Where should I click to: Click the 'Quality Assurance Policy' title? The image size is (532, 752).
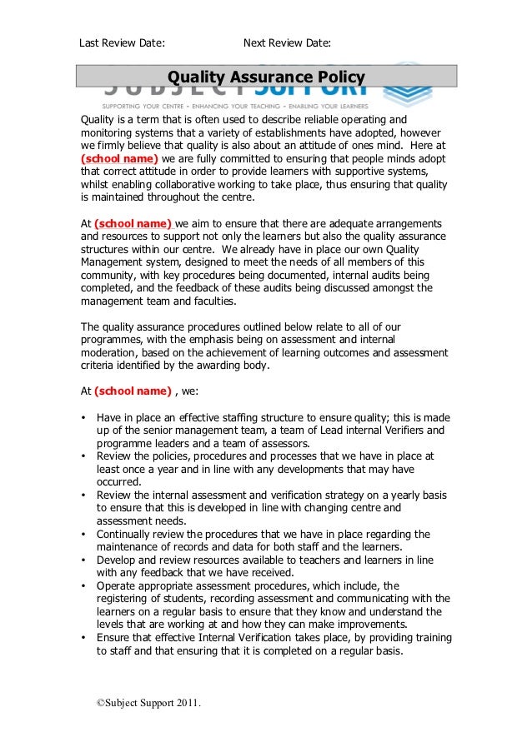click(x=266, y=78)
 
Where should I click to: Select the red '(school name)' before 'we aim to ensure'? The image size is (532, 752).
click(x=133, y=223)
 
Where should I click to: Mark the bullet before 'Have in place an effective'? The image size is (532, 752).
click(x=83, y=417)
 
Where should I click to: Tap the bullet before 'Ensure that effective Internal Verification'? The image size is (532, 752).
click(x=83, y=639)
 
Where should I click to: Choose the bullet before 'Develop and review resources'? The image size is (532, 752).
click(x=83, y=560)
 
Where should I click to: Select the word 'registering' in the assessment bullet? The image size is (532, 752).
click(x=129, y=599)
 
